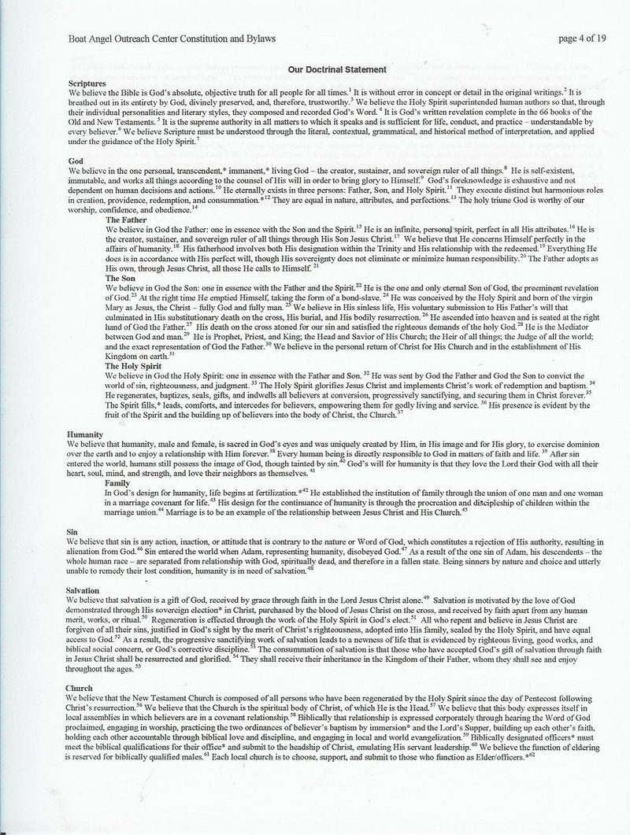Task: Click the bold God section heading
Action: [x=76, y=160]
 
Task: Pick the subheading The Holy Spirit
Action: [x=134, y=366]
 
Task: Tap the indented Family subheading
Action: [x=119, y=482]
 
